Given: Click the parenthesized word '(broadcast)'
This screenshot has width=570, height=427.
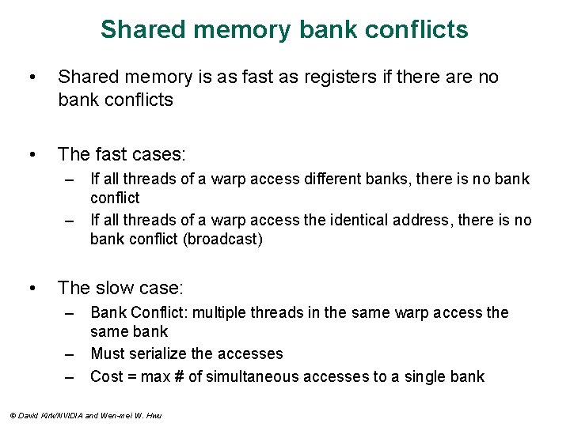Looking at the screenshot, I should (222, 240).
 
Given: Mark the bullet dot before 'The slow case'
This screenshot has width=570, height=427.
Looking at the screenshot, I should (31, 288).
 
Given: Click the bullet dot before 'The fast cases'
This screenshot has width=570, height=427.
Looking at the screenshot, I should (31, 153).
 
